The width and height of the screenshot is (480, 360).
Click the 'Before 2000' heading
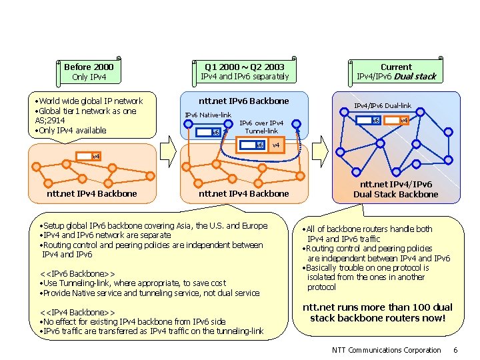(x=89, y=67)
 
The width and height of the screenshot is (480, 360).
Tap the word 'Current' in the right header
(x=396, y=67)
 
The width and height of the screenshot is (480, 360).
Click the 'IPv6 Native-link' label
(x=207, y=115)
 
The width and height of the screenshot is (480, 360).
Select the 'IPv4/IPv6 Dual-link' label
(x=383, y=105)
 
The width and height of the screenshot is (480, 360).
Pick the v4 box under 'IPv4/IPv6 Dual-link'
(x=403, y=120)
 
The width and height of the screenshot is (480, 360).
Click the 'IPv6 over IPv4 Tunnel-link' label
(x=261, y=127)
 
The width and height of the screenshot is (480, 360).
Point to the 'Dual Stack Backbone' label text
(x=396, y=194)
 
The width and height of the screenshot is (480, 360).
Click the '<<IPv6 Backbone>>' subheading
(x=77, y=274)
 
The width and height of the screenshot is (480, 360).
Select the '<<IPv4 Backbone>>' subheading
(x=77, y=313)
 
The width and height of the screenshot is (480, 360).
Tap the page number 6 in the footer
(x=455, y=350)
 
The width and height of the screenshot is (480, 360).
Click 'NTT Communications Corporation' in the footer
(x=386, y=350)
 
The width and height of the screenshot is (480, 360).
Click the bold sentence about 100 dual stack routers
(x=377, y=312)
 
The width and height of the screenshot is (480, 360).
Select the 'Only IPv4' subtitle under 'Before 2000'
(x=89, y=77)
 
